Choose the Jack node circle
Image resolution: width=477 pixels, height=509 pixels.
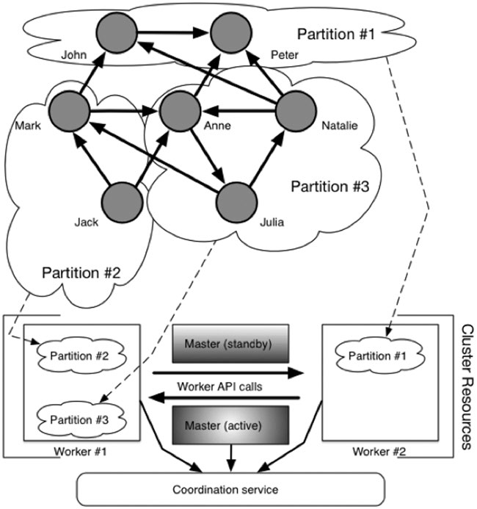point(119,200)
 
